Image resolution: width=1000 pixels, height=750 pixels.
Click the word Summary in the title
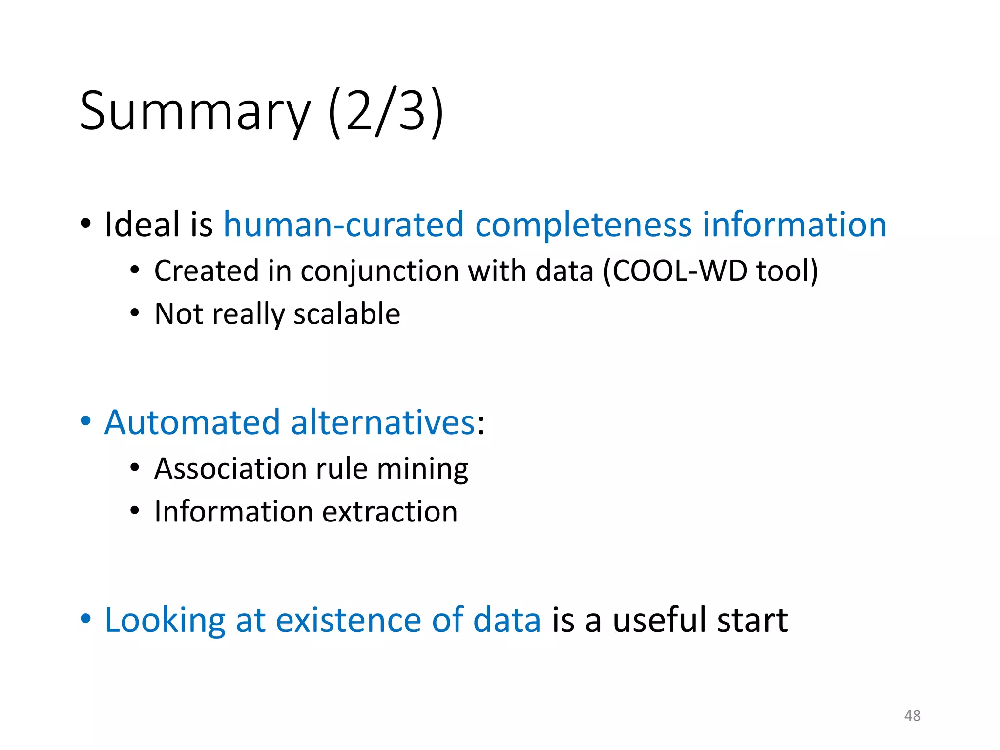pyautogui.click(x=194, y=112)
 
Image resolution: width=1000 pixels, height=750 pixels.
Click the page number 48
pyautogui.click(x=912, y=715)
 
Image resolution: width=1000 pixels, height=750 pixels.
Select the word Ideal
pyautogui.click(x=142, y=225)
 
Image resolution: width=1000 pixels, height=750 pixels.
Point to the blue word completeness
pyautogui.click(x=583, y=225)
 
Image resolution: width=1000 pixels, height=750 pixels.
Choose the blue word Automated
pyautogui.click(x=192, y=422)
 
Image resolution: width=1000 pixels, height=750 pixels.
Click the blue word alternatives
pyautogui.click(x=383, y=422)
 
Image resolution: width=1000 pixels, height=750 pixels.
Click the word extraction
pyautogui.click(x=390, y=512)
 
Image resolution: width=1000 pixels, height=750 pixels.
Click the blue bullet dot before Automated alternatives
pyautogui.click(x=86, y=421)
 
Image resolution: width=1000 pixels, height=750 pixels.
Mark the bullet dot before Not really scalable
pyautogui.click(x=135, y=313)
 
